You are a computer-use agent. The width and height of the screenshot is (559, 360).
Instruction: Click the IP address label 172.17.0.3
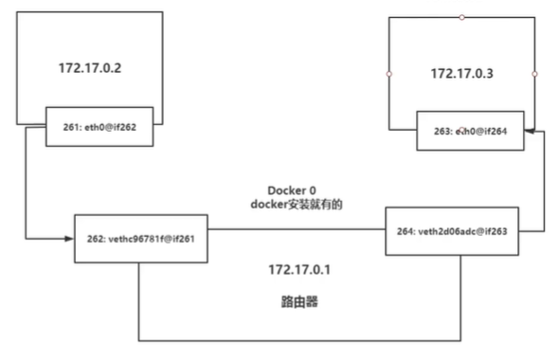(461, 73)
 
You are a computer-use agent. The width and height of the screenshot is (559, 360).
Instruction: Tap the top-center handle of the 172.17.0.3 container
(461, 17)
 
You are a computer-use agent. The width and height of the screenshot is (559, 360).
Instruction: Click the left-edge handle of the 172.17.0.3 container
(389, 73)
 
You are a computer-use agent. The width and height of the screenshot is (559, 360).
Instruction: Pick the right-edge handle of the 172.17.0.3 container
(534, 73)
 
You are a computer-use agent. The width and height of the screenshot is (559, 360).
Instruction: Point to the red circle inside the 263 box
(461, 128)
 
